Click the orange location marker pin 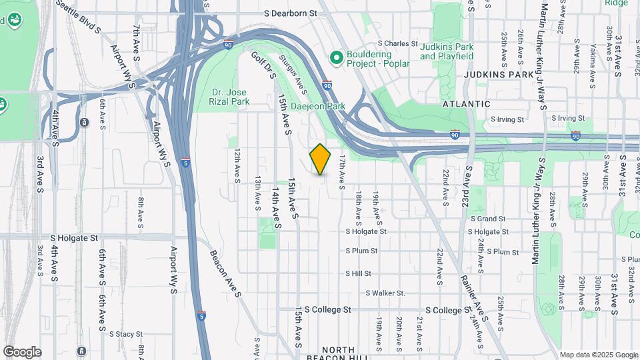click(321, 159)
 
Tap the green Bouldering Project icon click(336, 59)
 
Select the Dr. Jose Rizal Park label click(229, 97)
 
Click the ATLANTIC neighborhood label click(467, 104)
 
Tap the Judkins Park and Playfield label click(447, 51)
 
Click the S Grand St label click(488, 219)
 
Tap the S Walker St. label click(385, 293)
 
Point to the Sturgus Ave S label click(295, 75)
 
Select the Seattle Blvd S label click(78, 17)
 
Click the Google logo click(22, 352)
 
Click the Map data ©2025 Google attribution click(597, 355)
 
